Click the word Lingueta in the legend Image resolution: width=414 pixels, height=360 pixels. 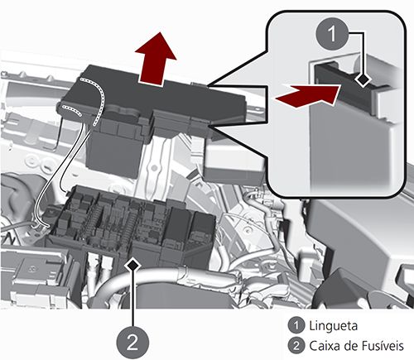tap(329, 325)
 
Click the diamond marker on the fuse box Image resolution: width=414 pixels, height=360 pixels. tap(134, 262)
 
